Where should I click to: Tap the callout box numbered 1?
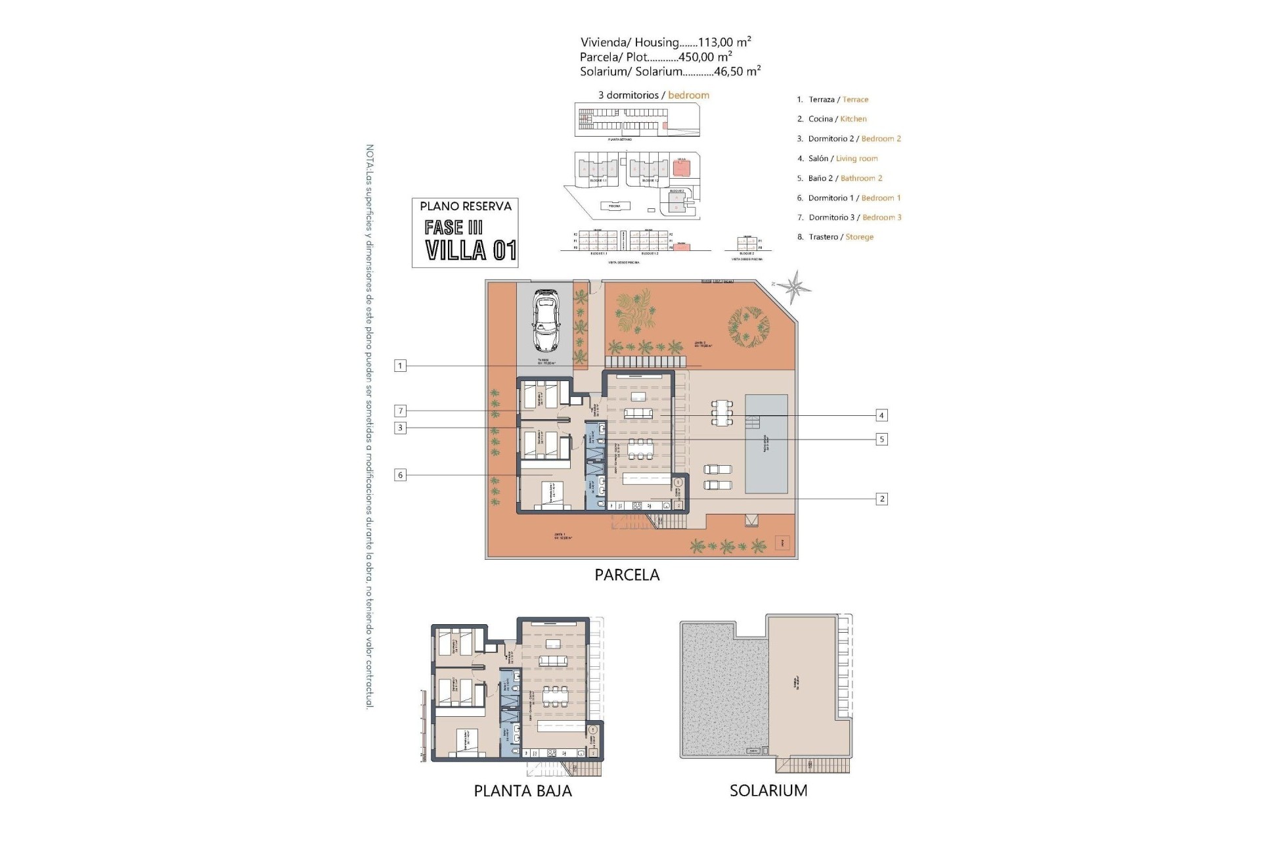(400, 365)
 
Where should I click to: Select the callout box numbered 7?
(400, 411)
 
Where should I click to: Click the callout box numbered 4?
(881, 415)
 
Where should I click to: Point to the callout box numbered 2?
(881, 499)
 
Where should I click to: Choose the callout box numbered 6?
(400, 474)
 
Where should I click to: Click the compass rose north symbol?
(796, 286)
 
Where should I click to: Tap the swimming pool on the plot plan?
(766, 443)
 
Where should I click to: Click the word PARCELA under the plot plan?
(627, 575)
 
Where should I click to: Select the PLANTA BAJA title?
(523, 791)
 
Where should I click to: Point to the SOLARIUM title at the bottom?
(768, 791)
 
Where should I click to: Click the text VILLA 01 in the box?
(470, 250)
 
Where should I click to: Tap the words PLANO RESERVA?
(465, 206)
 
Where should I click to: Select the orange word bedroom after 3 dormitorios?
(688, 95)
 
